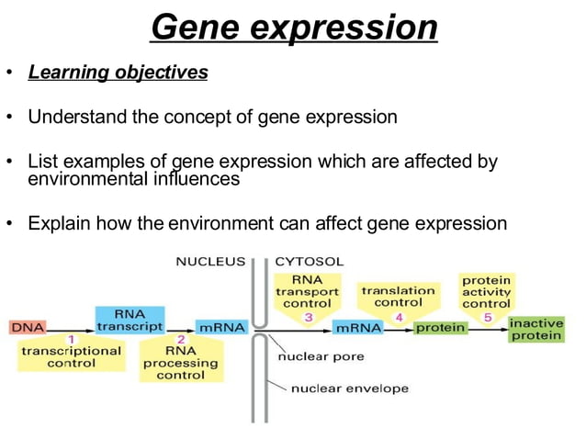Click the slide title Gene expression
(293, 28)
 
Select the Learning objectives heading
(118, 72)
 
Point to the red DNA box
(27, 327)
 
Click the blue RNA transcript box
(129, 319)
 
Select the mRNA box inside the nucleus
(220, 327)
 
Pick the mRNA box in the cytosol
(359, 327)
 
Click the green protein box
(440, 327)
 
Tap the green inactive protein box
(536, 329)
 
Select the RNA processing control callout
(180, 362)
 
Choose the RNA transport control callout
(307, 291)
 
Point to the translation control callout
(398, 296)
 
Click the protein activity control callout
(486, 291)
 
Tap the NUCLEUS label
(210, 261)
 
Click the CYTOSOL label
(310, 261)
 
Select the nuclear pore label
(321, 355)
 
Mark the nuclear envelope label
(337, 388)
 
